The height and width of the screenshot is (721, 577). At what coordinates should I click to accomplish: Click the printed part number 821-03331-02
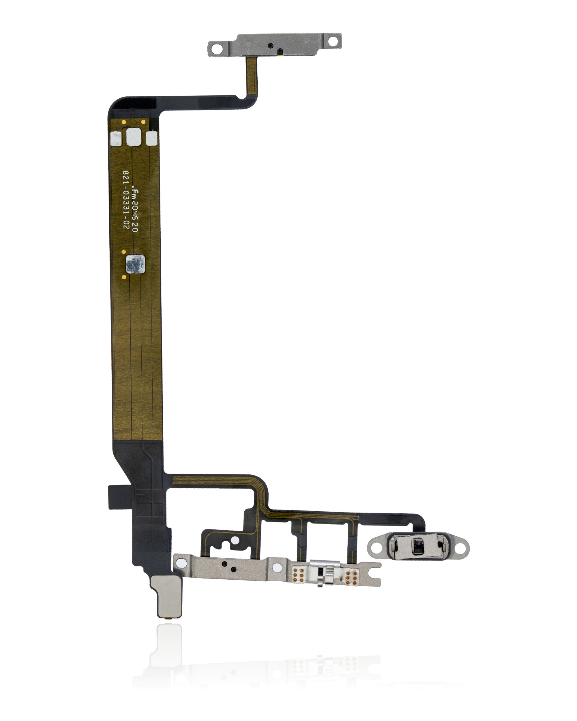click(x=126, y=200)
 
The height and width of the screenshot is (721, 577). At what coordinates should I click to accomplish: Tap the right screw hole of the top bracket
click(x=333, y=41)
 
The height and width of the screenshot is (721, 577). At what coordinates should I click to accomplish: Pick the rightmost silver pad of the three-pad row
click(x=151, y=138)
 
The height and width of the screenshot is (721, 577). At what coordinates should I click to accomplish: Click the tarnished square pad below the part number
click(x=136, y=264)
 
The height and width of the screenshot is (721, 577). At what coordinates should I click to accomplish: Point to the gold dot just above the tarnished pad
click(x=123, y=251)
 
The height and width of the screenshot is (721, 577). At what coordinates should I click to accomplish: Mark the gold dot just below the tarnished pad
click(x=124, y=277)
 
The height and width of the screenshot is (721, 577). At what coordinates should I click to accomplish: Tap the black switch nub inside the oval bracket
click(x=418, y=547)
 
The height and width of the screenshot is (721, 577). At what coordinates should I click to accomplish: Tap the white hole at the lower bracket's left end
click(x=181, y=563)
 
